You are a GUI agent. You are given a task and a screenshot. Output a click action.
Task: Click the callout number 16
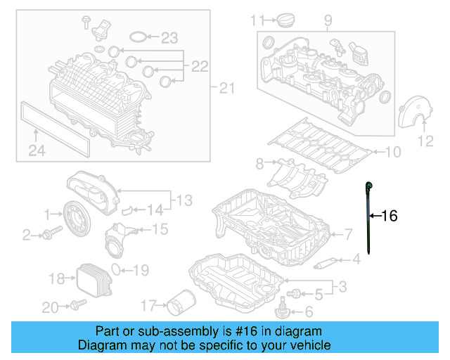pyautogui.click(x=389, y=216)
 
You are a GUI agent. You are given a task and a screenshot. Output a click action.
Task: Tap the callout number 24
pyautogui.click(x=36, y=149)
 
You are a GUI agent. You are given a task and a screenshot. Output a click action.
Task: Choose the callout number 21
pyautogui.click(x=225, y=88)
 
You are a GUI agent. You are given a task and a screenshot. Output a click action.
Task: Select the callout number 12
pyautogui.click(x=425, y=142)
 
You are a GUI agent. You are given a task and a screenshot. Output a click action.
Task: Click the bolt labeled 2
pyautogui.click(x=49, y=235)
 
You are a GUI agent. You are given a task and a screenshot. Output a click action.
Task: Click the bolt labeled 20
pyautogui.click(x=76, y=304)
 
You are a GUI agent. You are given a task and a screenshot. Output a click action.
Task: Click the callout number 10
pyautogui.click(x=392, y=151)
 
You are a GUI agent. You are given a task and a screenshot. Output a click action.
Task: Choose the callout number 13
pyautogui.click(x=184, y=201)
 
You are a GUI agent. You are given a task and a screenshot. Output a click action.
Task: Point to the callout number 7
pyautogui.click(x=347, y=234)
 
